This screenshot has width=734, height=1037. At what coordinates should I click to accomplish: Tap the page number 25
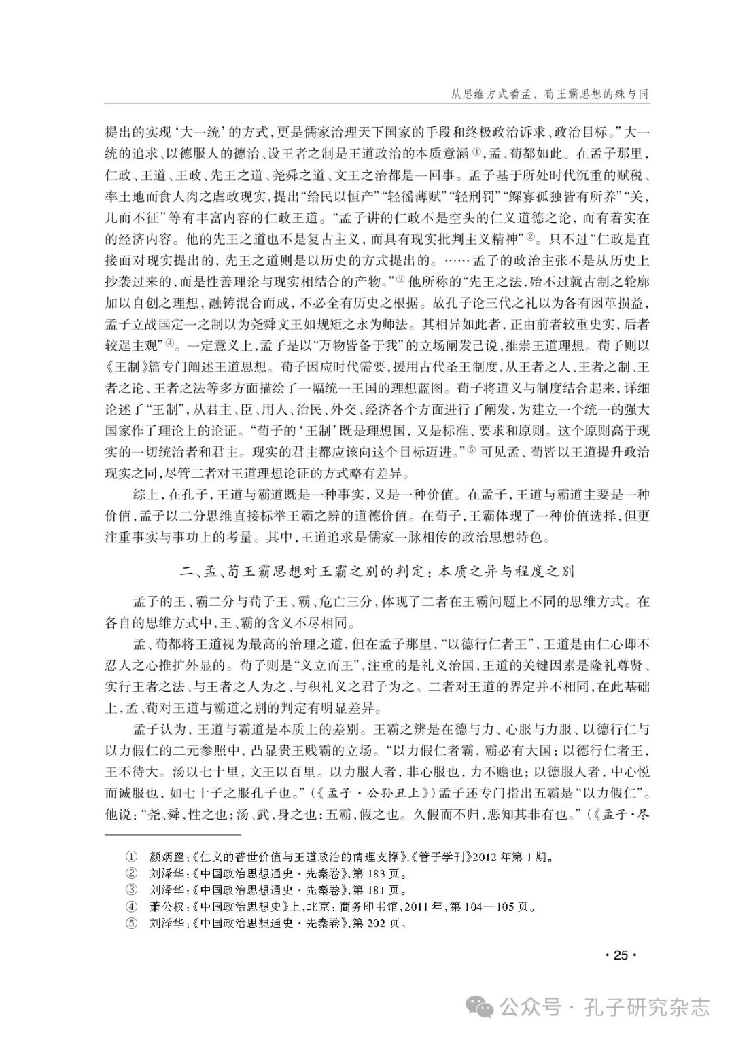tap(620, 955)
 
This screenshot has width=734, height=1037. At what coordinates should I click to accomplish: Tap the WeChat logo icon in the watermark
tap(483, 1006)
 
